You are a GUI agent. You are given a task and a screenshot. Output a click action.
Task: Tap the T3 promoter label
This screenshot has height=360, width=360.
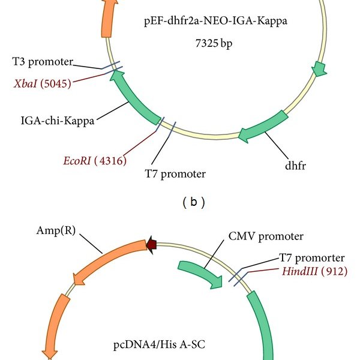coord(43,61)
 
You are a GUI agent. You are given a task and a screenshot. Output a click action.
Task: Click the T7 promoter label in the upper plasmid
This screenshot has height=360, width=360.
coord(176,175)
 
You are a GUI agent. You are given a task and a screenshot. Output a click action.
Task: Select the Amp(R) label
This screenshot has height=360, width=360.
coord(52,229)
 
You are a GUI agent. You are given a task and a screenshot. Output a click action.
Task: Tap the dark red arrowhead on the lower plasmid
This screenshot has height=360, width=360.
coord(152,243)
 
